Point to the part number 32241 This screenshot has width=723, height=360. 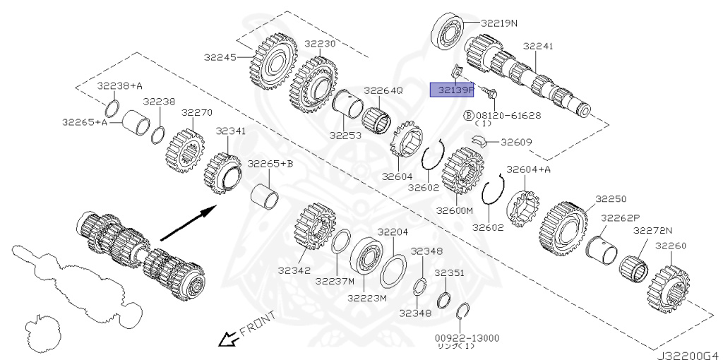pos(538,47)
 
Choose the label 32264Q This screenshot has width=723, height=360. pos(383,91)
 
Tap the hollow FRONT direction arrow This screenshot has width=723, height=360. pos(227,340)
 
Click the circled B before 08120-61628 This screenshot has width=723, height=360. pos(467,114)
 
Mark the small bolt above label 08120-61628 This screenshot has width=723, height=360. pos(488,92)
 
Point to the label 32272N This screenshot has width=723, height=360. pos(652,231)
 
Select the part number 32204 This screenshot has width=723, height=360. pos(392,232)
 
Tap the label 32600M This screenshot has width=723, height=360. pos(454,210)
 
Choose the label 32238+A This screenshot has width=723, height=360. pos(120,86)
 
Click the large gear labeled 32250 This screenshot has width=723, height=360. pos(566,229)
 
